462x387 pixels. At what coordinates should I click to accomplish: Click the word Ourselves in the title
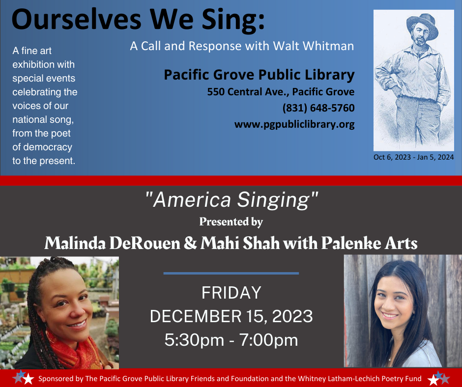(76, 19)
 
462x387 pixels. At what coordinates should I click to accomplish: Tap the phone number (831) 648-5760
(318, 108)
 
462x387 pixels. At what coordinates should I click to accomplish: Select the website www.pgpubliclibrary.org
(294, 125)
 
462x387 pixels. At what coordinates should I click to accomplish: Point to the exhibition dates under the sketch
(414, 157)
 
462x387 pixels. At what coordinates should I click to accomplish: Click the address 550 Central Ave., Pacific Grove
(281, 92)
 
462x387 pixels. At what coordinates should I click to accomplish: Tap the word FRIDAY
(231, 293)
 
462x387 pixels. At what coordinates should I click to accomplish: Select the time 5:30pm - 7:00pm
(231, 340)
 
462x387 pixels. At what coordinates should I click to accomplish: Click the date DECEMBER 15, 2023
(231, 316)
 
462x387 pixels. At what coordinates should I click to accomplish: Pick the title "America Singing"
(232, 200)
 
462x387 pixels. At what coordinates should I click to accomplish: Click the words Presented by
(231, 222)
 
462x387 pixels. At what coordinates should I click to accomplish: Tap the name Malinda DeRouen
(112, 244)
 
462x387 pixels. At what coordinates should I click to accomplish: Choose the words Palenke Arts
(369, 244)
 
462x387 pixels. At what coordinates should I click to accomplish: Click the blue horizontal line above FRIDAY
(231, 274)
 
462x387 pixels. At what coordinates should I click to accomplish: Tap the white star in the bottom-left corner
(29, 379)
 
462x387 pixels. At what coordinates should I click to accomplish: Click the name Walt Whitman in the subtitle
(313, 46)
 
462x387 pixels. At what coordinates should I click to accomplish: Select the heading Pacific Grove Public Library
(260, 75)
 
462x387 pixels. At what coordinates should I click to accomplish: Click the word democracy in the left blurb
(48, 147)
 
